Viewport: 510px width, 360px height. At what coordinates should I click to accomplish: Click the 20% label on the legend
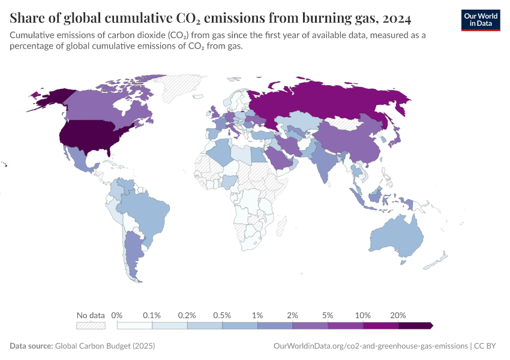398,315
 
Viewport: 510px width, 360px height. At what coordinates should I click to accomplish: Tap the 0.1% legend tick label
152,315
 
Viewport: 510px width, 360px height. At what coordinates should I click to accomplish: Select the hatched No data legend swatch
91,325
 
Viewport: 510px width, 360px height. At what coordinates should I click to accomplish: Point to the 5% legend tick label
328,315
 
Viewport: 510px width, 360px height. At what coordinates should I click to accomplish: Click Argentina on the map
133,252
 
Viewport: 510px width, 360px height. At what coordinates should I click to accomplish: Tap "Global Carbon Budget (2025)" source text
104,346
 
